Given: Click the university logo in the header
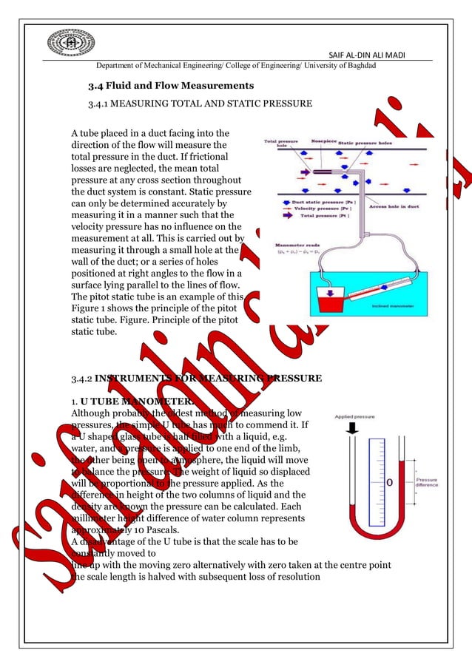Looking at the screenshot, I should (x=67, y=45).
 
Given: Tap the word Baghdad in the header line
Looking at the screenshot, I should (x=359, y=67).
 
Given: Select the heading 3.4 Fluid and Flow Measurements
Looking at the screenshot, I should (x=171, y=86).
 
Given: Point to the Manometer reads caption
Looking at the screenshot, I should (x=291, y=243).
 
